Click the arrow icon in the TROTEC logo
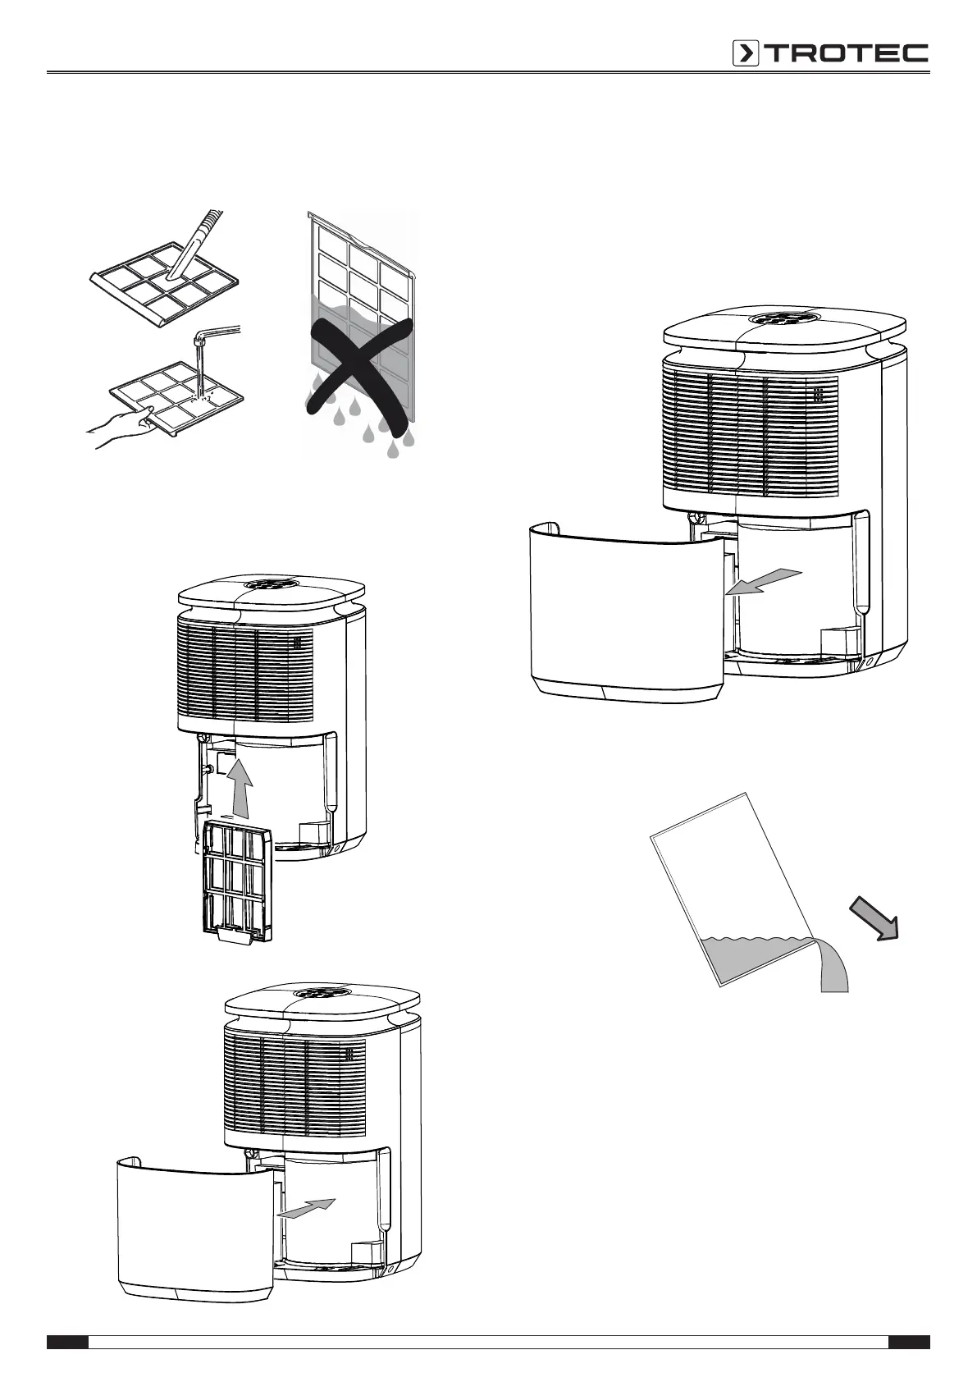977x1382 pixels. [x=746, y=53]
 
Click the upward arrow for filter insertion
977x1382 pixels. [x=239, y=788]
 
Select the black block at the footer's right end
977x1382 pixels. [x=909, y=1343]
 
